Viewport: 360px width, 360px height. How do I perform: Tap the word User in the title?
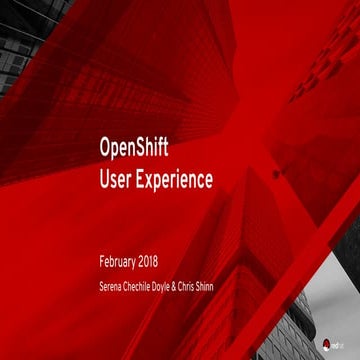point(116,180)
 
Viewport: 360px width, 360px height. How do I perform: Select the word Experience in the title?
point(179,182)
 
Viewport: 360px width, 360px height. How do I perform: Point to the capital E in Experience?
point(142,180)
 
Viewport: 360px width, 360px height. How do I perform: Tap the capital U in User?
point(105,180)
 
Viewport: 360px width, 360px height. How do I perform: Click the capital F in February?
point(103,262)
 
